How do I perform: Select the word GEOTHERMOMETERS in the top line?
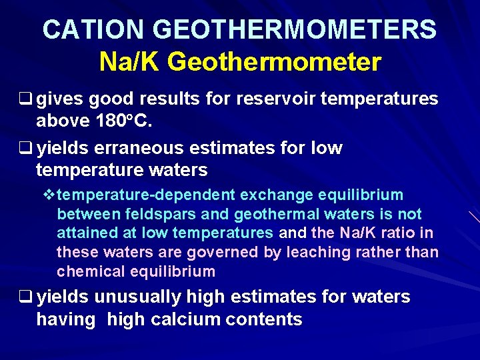[295, 29]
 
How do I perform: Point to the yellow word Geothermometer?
[275, 62]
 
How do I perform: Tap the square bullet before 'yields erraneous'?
[29, 148]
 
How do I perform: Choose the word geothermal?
[263, 214]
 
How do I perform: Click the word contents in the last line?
[265, 319]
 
